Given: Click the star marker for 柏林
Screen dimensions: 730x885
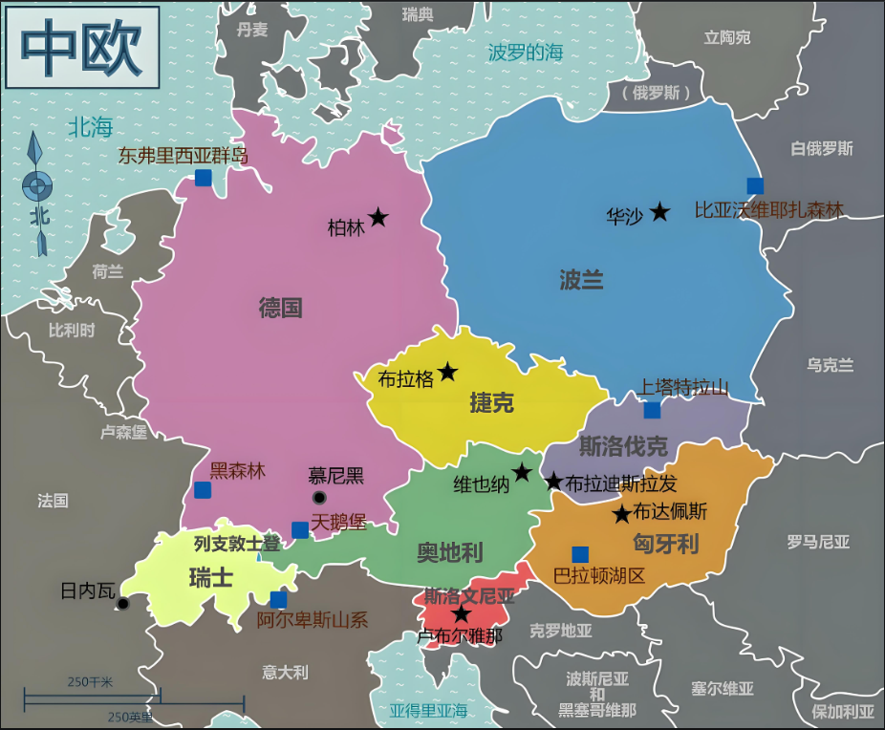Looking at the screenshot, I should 378,218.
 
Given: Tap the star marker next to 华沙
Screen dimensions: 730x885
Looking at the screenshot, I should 659,212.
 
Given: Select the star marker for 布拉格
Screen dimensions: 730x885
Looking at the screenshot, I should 447,372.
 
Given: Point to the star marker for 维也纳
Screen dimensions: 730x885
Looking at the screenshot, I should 522,472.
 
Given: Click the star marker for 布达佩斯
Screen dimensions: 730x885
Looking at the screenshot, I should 621,515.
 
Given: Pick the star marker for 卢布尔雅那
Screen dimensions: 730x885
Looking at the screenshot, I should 462,614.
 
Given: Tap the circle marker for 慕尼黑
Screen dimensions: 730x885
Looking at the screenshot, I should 319,498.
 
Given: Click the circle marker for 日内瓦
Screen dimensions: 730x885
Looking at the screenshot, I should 122,604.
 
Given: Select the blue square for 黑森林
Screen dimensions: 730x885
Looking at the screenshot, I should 203,490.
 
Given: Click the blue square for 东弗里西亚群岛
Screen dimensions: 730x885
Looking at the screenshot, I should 203,177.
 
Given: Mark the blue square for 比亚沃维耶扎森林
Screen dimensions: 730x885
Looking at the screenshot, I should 755,185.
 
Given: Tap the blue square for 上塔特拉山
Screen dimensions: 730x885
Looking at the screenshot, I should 652,410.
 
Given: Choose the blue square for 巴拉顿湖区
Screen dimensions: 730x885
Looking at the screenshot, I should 580,554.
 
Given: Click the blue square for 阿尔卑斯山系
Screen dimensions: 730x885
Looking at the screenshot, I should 278,600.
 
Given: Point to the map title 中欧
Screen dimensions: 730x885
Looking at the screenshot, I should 81,47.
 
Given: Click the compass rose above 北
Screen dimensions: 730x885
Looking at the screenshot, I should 38,183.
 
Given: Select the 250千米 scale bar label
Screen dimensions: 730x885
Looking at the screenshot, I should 90,681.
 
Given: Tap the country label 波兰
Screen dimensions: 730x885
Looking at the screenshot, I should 581,280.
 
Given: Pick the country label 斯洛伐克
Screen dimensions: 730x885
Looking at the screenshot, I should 623,445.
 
